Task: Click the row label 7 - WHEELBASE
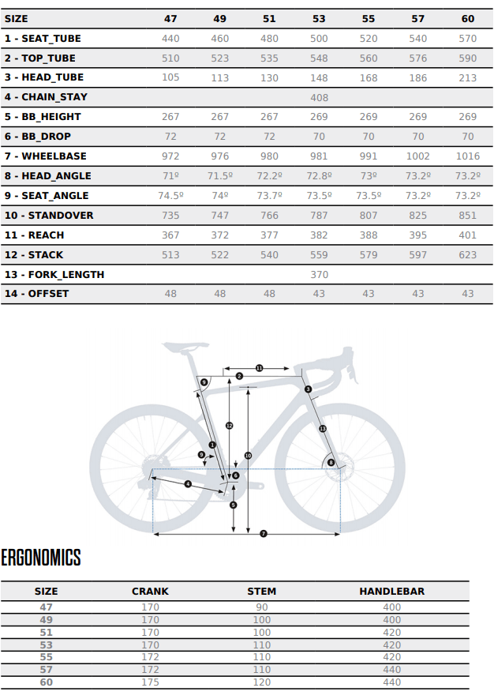pyautogui.click(x=46, y=156)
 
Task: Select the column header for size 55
pyautogui.click(x=369, y=18)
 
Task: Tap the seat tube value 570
pyautogui.click(x=467, y=38)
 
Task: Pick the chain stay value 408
pyautogui.click(x=319, y=97)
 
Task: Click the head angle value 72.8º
pyautogui.click(x=319, y=176)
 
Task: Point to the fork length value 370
pyautogui.click(x=319, y=274)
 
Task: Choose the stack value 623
pyautogui.click(x=467, y=254)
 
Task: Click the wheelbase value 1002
pyautogui.click(x=417, y=156)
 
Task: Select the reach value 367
pyautogui.click(x=170, y=235)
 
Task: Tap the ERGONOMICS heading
pyautogui.click(x=41, y=558)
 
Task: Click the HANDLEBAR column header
pyautogui.click(x=391, y=591)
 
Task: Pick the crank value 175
pyautogui.click(x=150, y=682)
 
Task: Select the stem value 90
pyautogui.click(x=262, y=607)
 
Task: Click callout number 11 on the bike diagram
pyautogui.click(x=258, y=368)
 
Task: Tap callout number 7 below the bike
pyautogui.click(x=264, y=534)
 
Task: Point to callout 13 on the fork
pyautogui.click(x=323, y=428)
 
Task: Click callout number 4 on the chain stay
pyautogui.click(x=188, y=483)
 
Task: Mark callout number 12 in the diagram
pyautogui.click(x=229, y=426)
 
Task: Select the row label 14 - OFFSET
pyautogui.click(x=37, y=294)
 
